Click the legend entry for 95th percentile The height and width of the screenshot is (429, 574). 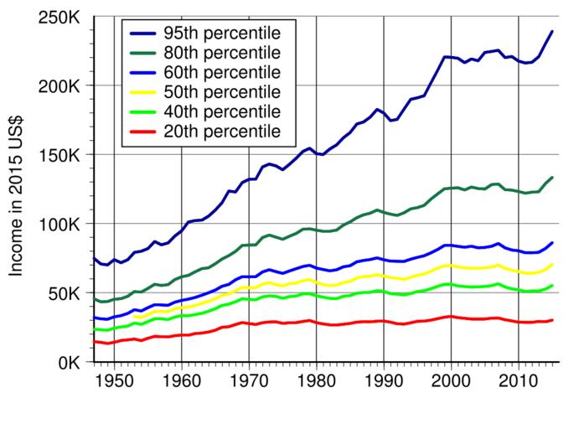[x=222, y=33]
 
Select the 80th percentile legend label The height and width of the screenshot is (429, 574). [x=222, y=52]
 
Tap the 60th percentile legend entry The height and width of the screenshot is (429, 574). [x=222, y=71]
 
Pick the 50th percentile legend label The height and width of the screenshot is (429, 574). [x=222, y=91]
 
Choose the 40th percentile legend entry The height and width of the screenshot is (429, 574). [x=222, y=111]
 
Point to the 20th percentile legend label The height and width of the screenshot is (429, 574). [x=222, y=131]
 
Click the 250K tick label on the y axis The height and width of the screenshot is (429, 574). [x=57, y=18]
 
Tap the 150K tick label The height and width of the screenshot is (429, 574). [x=57, y=156]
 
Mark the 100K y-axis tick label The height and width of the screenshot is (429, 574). [x=57, y=225]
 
